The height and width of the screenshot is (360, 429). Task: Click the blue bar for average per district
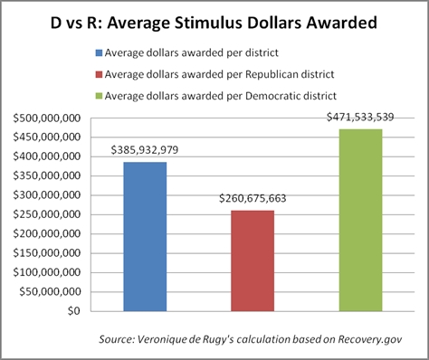(x=144, y=236)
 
